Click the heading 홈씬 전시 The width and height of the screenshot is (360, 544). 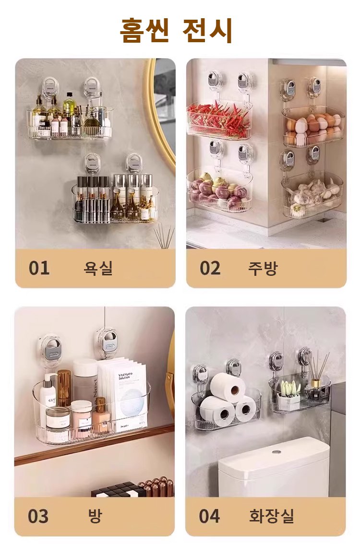click(x=176, y=30)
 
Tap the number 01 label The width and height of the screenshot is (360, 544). click(x=39, y=268)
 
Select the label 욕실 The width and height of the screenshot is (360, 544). click(x=98, y=268)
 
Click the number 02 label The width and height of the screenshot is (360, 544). click(x=210, y=268)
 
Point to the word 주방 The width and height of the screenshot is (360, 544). click(x=263, y=268)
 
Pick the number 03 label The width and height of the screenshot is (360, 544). click(x=38, y=516)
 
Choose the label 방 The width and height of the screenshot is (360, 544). click(x=95, y=516)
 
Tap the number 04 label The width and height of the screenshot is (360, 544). click(x=209, y=516)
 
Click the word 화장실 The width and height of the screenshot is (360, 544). click(x=272, y=516)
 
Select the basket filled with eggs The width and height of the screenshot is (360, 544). click(x=313, y=128)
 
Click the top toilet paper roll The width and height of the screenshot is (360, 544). click(x=228, y=387)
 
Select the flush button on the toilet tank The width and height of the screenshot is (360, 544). click(x=276, y=452)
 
